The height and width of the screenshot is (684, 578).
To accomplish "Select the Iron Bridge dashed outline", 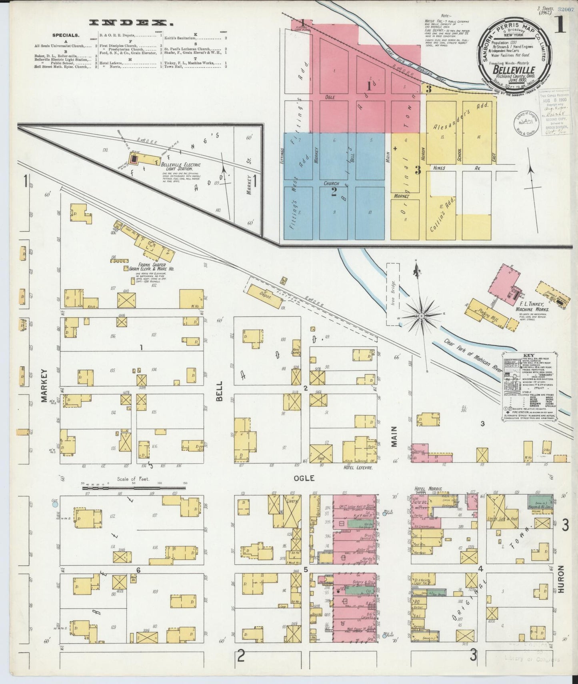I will [x=392, y=294].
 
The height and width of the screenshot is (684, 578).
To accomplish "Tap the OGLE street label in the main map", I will [x=304, y=478].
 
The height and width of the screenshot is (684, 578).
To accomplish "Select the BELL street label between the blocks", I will [x=220, y=388].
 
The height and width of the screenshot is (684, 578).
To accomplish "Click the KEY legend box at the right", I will [x=528, y=386].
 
